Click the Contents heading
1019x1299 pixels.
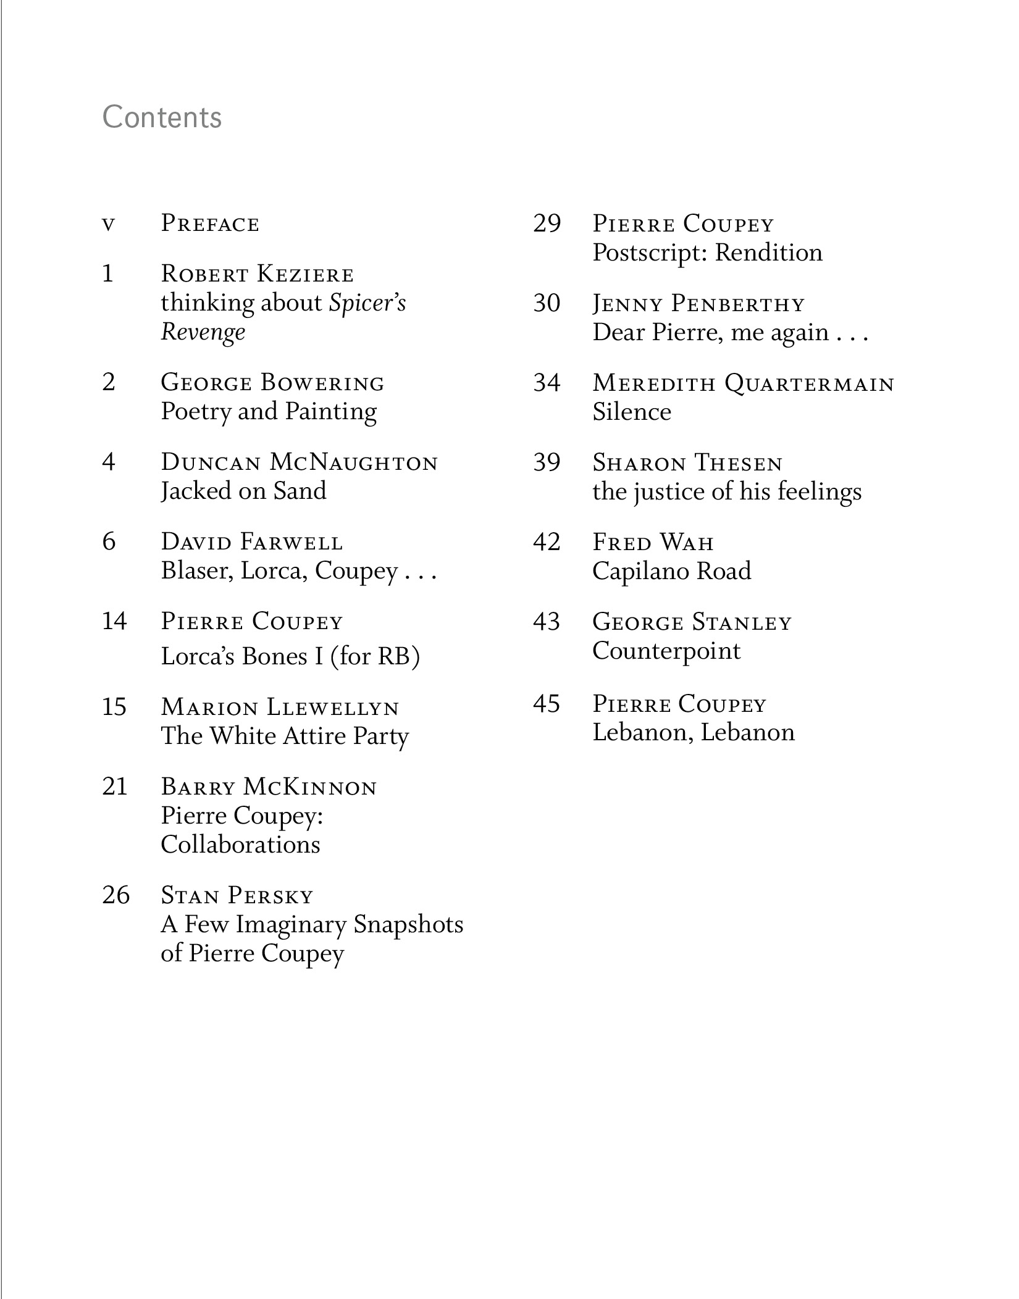click(162, 117)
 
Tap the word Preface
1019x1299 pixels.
click(210, 224)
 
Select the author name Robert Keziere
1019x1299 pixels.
click(257, 274)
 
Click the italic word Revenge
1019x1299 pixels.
click(203, 332)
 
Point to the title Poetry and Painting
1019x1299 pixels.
click(269, 412)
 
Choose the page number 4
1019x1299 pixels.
click(109, 462)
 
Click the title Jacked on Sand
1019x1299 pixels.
click(243, 491)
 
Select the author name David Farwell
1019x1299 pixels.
click(251, 542)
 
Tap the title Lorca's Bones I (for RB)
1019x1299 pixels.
click(290, 656)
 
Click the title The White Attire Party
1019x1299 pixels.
click(285, 736)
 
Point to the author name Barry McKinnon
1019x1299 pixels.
click(269, 787)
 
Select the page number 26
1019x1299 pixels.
click(115, 895)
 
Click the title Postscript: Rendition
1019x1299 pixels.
click(707, 253)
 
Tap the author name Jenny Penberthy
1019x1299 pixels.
click(698, 304)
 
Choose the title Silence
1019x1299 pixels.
click(631, 412)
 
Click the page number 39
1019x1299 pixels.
click(547, 462)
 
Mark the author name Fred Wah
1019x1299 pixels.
click(653, 542)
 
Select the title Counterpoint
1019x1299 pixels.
click(666, 651)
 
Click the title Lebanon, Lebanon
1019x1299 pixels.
click(693, 732)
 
